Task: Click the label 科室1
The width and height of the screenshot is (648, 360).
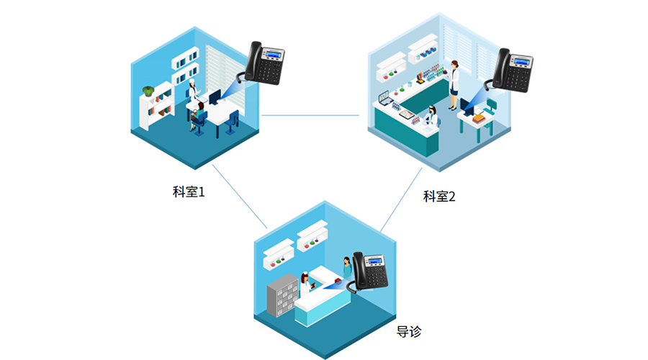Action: pos(189,192)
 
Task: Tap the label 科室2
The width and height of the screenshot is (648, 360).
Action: pos(439,196)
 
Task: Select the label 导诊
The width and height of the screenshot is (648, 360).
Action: pos(408,332)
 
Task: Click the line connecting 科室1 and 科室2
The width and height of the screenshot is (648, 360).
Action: pos(310,115)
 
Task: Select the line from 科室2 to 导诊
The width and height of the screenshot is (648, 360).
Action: pos(400,201)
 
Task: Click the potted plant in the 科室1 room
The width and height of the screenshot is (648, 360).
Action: pos(148,91)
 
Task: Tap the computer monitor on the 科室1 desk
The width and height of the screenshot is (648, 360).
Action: pos(214,96)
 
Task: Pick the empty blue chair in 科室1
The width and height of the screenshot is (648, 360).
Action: pos(230,121)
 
